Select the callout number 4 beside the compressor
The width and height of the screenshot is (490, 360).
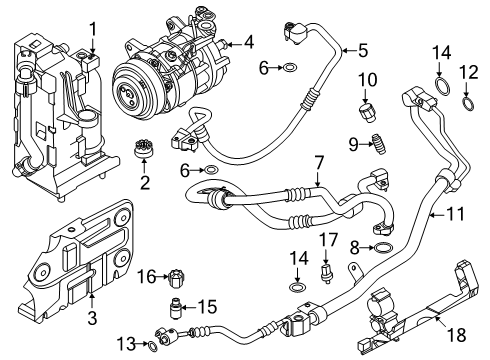tap(249, 42)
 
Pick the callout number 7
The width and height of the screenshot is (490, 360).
tap(318, 161)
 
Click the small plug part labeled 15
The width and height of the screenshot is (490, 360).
tap(176, 305)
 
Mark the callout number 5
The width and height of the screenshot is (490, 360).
tap(363, 49)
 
